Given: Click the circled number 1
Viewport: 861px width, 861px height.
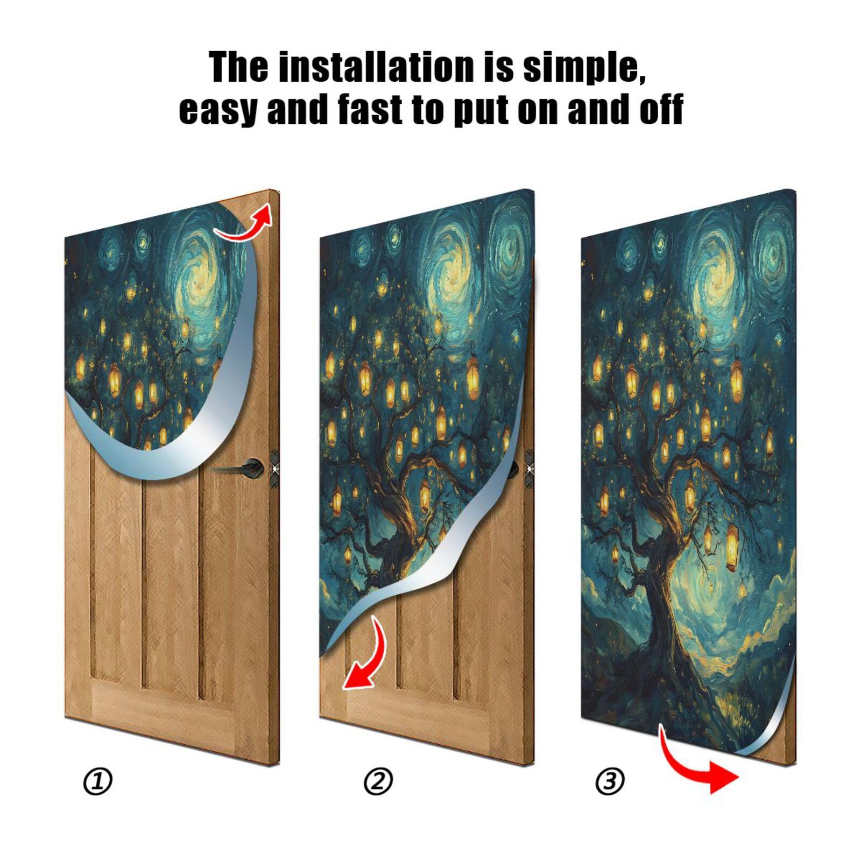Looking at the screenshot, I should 97,781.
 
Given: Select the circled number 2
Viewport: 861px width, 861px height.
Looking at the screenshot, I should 378,781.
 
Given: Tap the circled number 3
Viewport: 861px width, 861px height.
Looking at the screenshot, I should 610,781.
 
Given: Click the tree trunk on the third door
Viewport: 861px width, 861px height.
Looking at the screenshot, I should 665,608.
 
